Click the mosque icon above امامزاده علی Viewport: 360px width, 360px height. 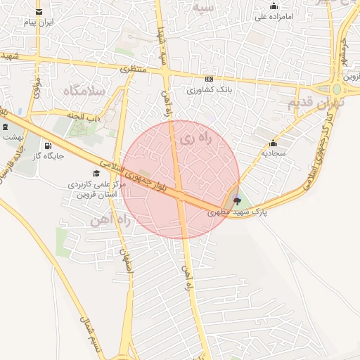(274, 6)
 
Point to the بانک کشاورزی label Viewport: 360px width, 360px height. (209, 90)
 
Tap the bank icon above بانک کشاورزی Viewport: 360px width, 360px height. (209, 79)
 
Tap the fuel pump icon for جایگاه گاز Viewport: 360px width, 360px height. (48, 146)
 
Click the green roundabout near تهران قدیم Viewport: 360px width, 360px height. (337, 90)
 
